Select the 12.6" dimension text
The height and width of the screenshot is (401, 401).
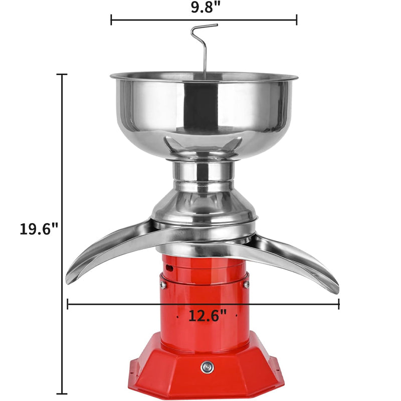pyautogui.click(x=208, y=315)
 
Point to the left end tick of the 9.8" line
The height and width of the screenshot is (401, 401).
pyautogui.click(x=111, y=20)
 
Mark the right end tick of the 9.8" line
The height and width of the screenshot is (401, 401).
pyautogui.click(x=297, y=20)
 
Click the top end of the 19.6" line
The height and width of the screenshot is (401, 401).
pyautogui.click(x=62, y=75)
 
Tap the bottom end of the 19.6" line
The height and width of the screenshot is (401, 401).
pyautogui.click(x=62, y=394)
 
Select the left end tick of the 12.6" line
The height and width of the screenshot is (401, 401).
pyautogui.click(x=67, y=303)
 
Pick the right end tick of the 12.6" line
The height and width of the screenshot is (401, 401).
pyautogui.click(x=339, y=303)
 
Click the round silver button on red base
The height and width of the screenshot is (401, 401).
pyautogui.click(x=206, y=367)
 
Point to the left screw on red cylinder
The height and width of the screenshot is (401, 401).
pyautogui.click(x=163, y=285)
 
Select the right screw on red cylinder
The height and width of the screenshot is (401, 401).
pyautogui.click(x=246, y=284)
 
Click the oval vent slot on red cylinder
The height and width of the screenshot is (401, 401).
pyautogui.click(x=169, y=268)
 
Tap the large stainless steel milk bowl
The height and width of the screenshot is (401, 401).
pyautogui.click(x=204, y=110)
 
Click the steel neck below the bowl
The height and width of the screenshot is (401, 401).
pyautogui.click(x=204, y=173)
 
